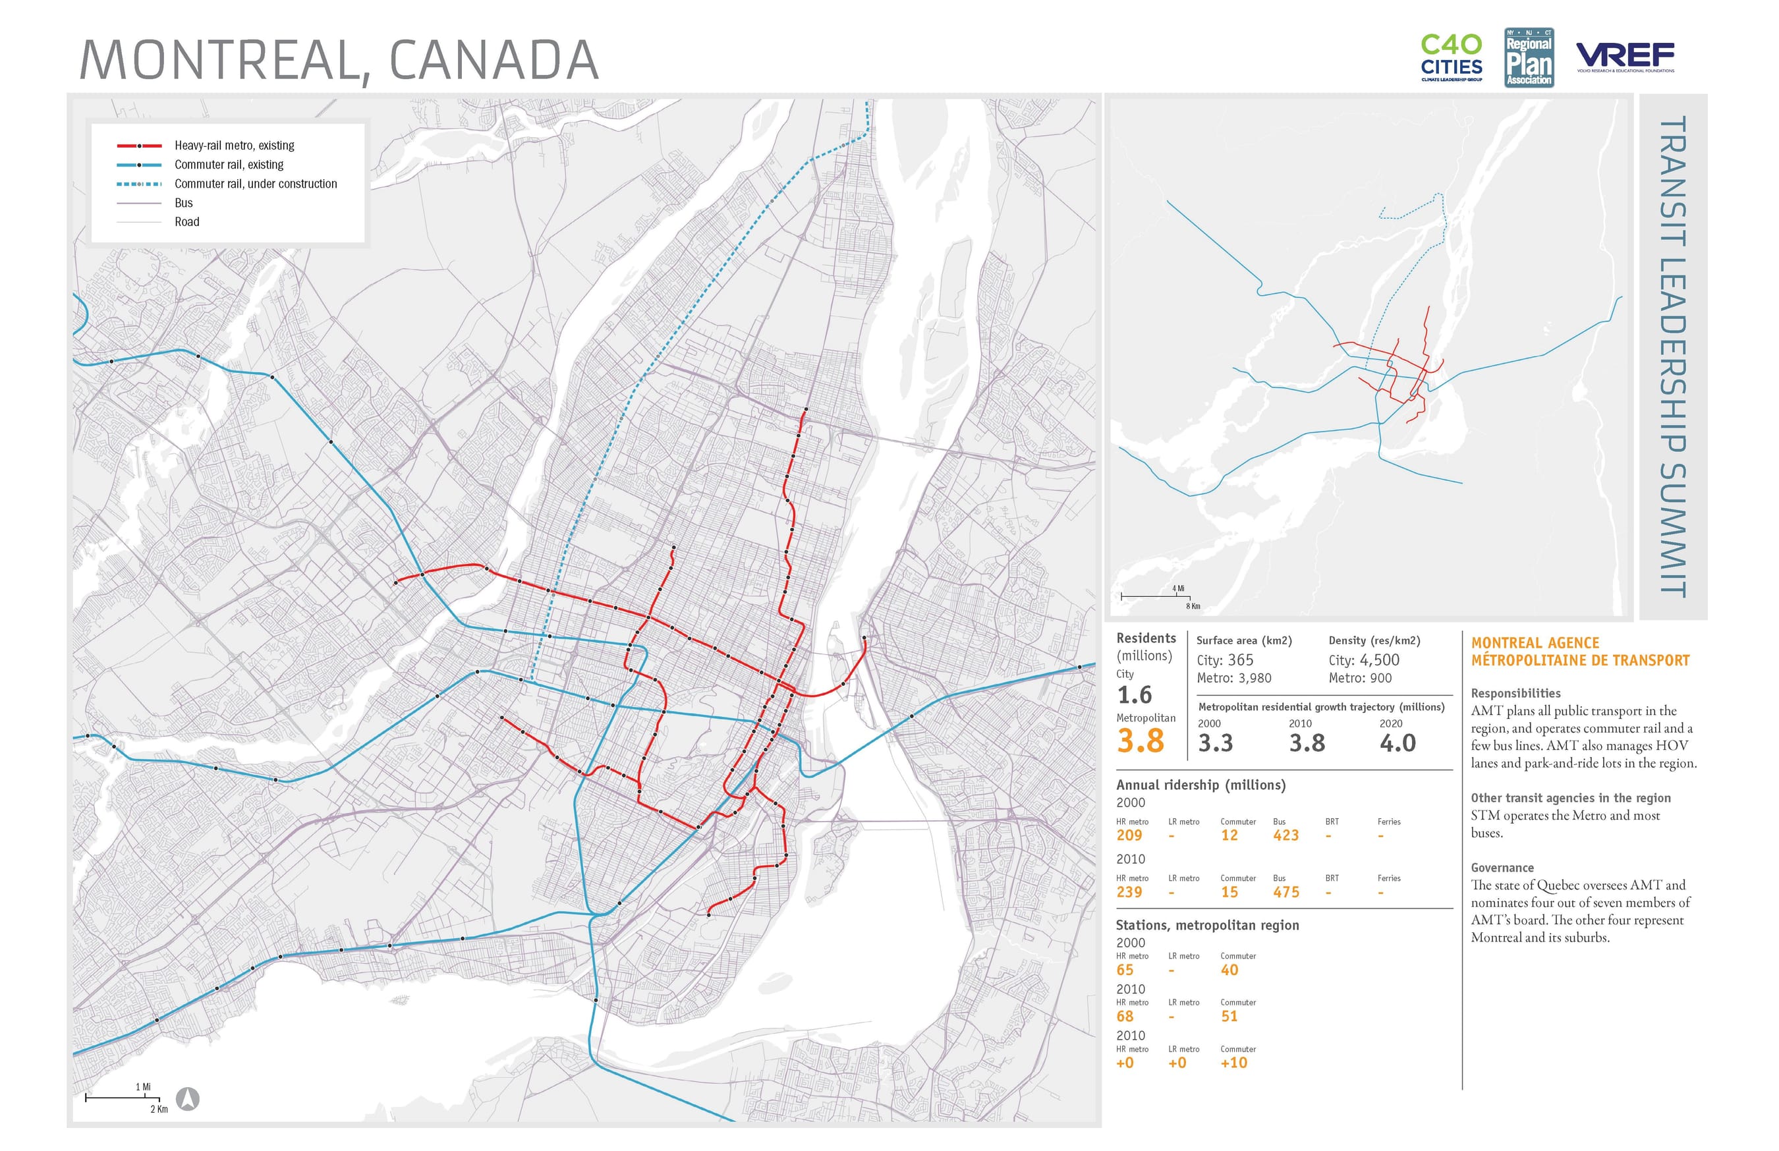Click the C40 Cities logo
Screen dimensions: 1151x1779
pyautogui.click(x=1451, y=57)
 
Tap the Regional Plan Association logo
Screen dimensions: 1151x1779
pyautogui.click(x=1529, y=57)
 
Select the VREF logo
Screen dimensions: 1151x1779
pyautogui.click(x=1625, y=56)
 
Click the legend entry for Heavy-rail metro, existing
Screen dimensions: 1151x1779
pyautogui.click(x=234, y=146)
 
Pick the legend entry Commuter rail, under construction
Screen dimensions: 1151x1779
pyautogui.click(x=255, y=184)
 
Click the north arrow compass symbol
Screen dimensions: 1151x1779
pyautogui.click(x=188, y=1099)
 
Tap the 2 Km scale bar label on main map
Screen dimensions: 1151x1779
pyautogui.click(x=159, y=1109)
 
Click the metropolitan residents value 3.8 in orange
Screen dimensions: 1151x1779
pyautogui.click(x=1140, y=741)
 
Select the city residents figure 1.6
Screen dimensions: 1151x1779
pyautogui.click(x=1134, y=695)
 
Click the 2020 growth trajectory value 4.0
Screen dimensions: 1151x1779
pyautogui.click(x=1397, y=744)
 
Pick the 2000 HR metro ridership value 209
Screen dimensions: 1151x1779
pyautogui.click(x=1129, y=835)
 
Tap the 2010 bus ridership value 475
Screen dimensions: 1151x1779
pyautogui.click(x=1285, y=892)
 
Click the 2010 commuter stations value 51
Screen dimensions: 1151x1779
pyautogui.click(x=1229, y=1017)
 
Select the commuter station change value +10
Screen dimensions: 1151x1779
pyautogui.click(x=1233, y=1063)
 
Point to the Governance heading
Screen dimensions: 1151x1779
pyautogui.click(x=1502, y=868)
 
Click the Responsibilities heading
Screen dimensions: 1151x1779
pyautogui.click(x=1515, y=694)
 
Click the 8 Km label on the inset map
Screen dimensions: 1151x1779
pyautogui.click(x=1193, y=606)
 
